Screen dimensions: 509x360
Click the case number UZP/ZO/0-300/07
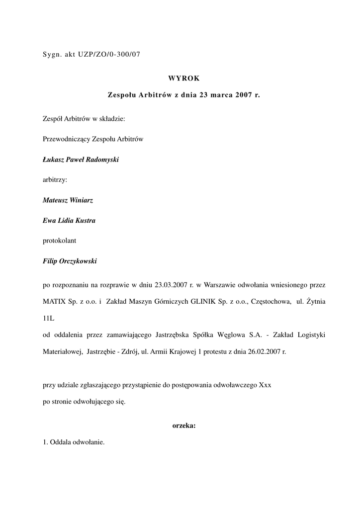point(109,55)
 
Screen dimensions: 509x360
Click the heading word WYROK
point(183,79)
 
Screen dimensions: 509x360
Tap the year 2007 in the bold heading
point(241,94)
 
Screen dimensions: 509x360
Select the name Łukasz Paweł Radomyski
point(81,160)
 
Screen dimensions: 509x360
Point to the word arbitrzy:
point(55,179)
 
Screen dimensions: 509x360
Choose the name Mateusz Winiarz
point(68,200)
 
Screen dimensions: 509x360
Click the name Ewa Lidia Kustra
point(69,220)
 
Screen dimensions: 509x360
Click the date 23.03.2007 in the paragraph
point(171,285)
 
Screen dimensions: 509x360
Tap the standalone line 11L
point(49,318)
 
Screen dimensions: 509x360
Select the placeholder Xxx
point(265,385)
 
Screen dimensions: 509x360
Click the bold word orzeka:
point(183,425)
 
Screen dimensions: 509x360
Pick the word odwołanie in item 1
point(87,442)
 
